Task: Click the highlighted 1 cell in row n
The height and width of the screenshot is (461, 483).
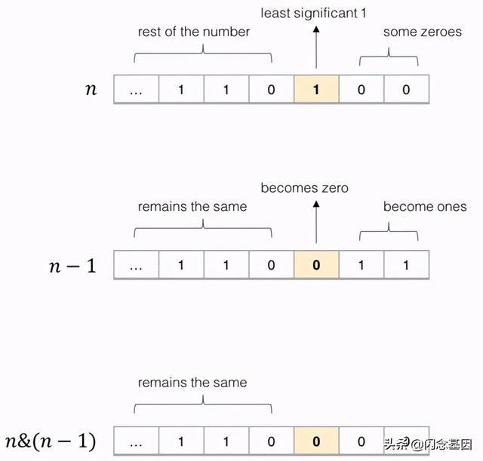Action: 315,90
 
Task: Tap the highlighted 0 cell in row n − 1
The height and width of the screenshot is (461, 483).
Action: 315,265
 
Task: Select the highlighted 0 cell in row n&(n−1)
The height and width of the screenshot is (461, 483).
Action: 315,441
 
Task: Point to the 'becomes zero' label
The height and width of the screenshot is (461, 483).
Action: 304,188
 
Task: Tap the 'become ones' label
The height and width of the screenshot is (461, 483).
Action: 425,206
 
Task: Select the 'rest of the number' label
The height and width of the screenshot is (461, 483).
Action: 193,32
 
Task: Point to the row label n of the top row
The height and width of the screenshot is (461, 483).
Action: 91,90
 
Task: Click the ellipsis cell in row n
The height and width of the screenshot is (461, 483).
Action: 136,90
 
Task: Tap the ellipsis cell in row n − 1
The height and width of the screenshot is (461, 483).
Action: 136,265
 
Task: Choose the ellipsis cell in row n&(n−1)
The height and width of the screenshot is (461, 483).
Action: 136,441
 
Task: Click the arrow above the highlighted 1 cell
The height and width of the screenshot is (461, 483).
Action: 315,49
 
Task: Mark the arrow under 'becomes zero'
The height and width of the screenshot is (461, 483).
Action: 315,224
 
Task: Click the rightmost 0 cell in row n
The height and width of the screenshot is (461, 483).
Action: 406,90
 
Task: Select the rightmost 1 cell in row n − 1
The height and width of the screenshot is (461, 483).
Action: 406,265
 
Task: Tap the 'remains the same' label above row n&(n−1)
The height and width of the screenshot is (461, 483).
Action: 192,383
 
